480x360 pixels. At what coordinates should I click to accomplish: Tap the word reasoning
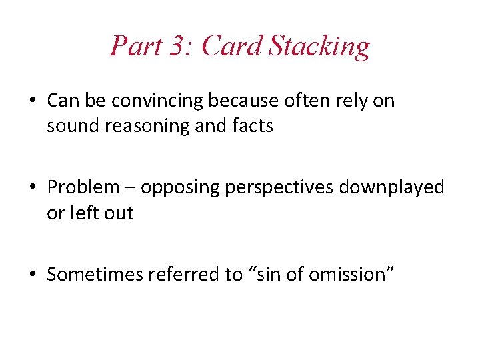pyautogui.click(x=154, y=126)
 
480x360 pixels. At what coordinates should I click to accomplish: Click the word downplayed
pyautogui.click(x=391, y=187)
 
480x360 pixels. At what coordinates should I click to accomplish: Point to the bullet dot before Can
pyautogui.click(x=33, y=101)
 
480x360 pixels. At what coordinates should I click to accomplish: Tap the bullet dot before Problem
pyautogui.click(x=33, y=188)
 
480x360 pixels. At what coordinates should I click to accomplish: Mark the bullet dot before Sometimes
pyautogui.click(x=33, y=275)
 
